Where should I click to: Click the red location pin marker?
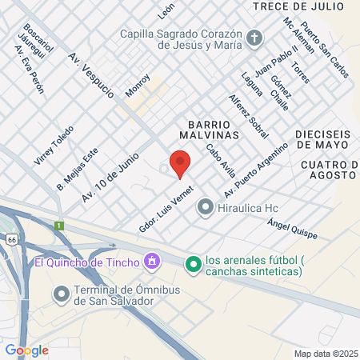point(180,163)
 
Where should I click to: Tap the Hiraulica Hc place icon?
point(205,209)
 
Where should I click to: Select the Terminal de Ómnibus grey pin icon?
point(62,294)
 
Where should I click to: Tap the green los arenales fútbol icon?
point(193,262)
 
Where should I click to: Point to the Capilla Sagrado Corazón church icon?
point(254,37)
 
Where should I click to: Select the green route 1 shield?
point(58,226)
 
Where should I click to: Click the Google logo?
point(26,350)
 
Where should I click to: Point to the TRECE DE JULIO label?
point(298,6)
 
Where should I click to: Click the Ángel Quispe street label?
point(292,230)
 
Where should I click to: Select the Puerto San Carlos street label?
point(326,54)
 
